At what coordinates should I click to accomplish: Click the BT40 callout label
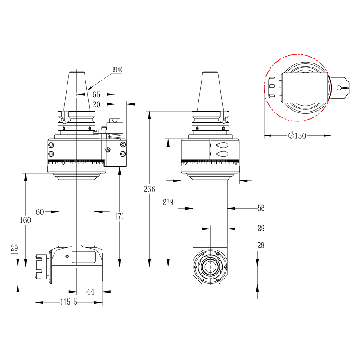117,69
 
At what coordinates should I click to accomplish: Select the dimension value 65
96,94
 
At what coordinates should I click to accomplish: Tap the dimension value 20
96,104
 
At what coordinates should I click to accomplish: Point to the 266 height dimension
149,189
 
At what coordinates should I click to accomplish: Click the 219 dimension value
168,202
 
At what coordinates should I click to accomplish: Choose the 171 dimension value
119,216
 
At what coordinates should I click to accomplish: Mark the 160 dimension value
25,220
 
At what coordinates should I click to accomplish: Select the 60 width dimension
40,211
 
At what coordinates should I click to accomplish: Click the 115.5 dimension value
69,302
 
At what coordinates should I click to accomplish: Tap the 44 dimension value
90,292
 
